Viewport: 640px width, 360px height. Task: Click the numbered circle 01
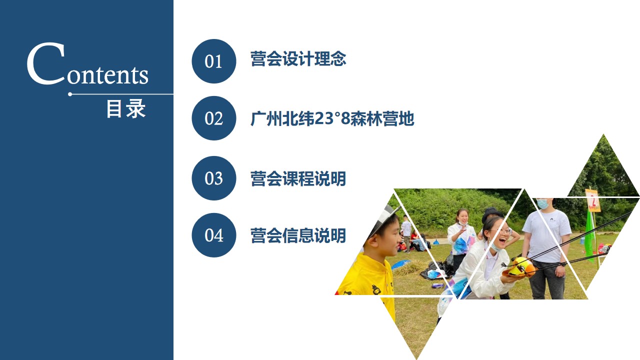click(213, 61)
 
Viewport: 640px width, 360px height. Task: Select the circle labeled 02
click(213, 118)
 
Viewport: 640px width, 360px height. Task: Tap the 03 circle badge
click(213, 178)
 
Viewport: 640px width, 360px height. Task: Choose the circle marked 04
click(213, 235)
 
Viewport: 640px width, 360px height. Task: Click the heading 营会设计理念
click(298, 59)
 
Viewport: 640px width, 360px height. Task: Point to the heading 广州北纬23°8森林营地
click(332, 118)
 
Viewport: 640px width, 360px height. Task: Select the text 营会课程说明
click(298, 178)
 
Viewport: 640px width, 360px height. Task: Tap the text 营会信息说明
click(298, 235)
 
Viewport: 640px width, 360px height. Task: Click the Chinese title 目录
click(126, 108)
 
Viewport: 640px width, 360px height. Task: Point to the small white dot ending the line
click(70, 94)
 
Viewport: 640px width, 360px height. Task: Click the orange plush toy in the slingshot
click(520, 267)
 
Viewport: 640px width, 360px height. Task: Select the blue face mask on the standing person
click(542, 203)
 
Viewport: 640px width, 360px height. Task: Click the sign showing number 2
click(593, 200)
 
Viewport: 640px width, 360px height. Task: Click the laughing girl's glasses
click(504, 231)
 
